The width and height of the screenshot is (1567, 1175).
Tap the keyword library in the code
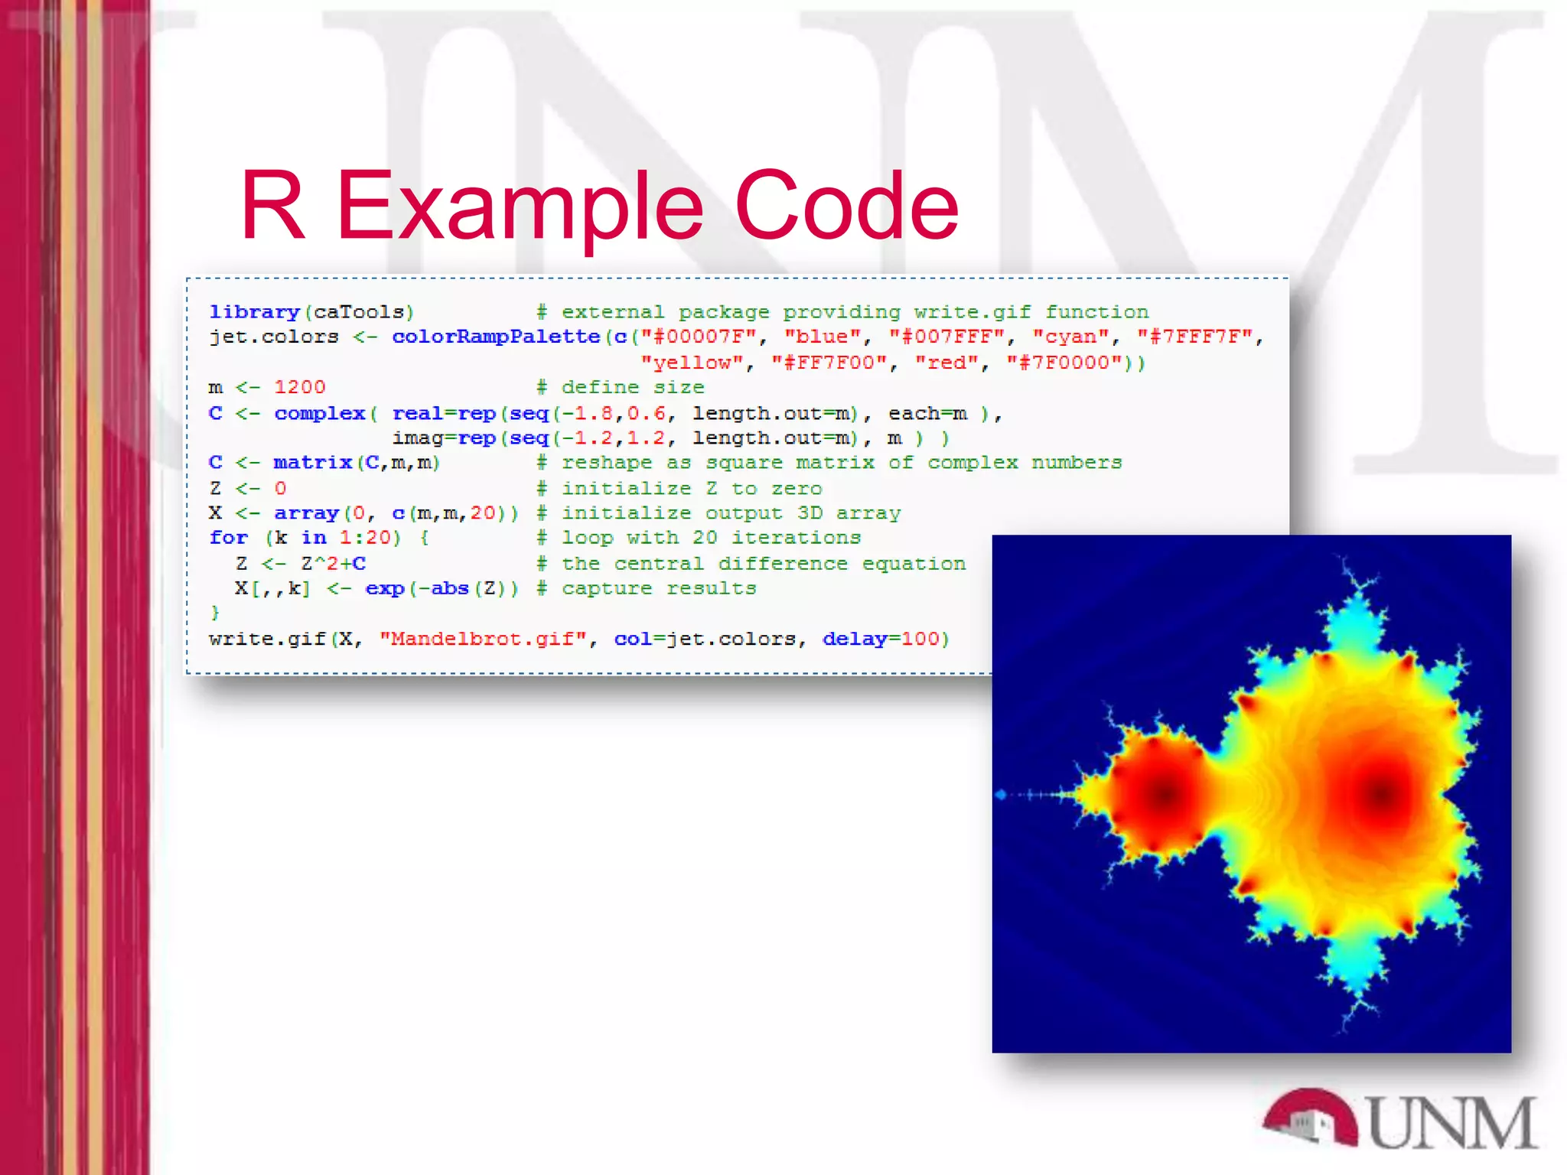pos(254,312)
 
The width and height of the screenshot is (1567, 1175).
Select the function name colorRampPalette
pos(496,337)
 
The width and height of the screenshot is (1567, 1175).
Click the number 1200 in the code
pos(300,387)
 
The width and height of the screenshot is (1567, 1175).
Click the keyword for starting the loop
pos(228,538)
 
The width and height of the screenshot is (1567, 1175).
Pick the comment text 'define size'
pos(633,387)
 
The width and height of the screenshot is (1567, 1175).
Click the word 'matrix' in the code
pos(313,463)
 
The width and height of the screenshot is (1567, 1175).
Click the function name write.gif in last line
pos(267,639)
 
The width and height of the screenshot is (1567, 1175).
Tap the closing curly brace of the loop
pos(215,613)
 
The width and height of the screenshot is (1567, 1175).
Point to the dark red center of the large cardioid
pos(1381,793)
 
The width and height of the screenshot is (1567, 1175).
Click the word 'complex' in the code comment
pos(972,463)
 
